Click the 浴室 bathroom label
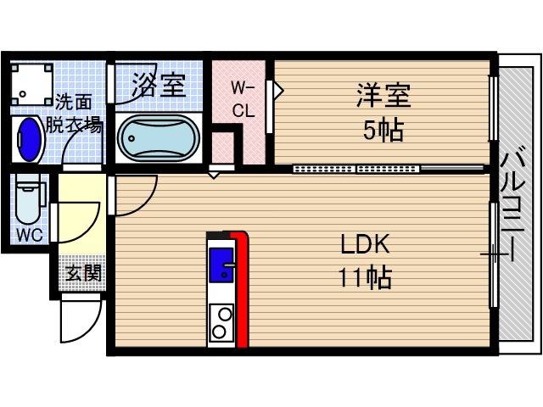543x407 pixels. (x=158, y=86)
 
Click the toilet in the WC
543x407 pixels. (x=28, y=200)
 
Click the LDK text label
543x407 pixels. (x=364, y=245)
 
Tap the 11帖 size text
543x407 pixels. (x=364, y=277)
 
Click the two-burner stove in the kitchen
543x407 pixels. (x=221, y=322)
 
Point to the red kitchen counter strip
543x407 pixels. (x=242, y=288)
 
